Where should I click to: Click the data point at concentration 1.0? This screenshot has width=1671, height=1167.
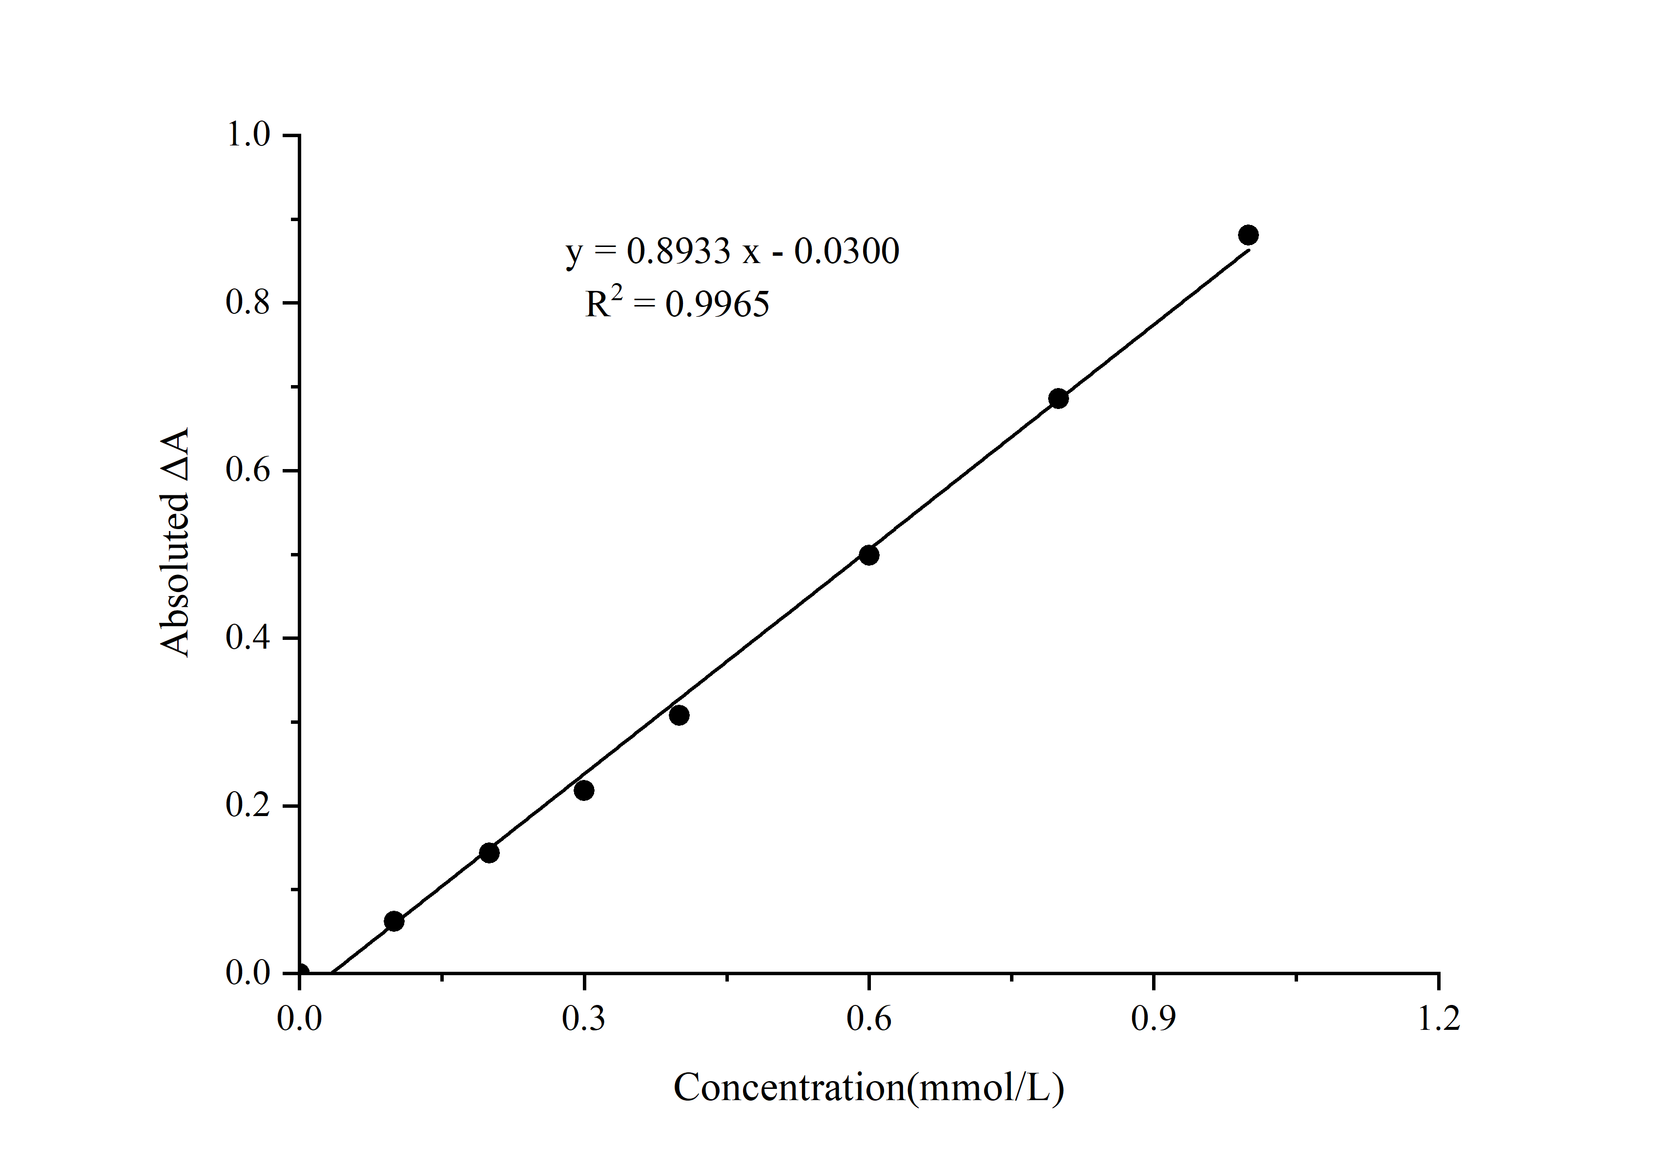(x=1248, y=235)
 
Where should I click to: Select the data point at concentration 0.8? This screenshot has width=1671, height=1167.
(x=1058, y=399)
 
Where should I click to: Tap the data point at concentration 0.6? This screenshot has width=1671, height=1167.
(x=869, y=555)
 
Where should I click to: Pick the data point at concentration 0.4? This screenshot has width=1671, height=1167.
(x=679, y=715)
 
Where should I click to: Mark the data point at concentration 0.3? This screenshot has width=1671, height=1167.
(x=584, y=790)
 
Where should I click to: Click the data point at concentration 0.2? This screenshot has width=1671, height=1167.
(x=490, y=853)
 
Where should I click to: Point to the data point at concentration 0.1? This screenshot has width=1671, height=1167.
(x=394, y=921)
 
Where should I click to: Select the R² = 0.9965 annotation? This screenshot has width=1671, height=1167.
(x=677, y=304)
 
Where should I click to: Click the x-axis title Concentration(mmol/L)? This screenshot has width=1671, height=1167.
(x=868, y=1088)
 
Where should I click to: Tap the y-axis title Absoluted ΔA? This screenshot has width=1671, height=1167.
(x=175, y=542)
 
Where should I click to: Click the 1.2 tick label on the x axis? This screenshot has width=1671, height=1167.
(x=1439, y=1019)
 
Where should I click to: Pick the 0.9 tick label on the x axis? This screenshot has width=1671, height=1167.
(x=1154, y=1019)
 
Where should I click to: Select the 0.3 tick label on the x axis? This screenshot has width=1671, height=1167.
(x=584, y=1019)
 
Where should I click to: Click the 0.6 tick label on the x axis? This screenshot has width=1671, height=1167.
(x=868, y=1019)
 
